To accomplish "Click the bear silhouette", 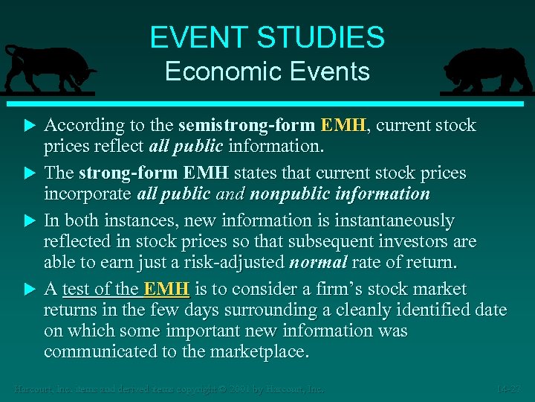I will point(487,71).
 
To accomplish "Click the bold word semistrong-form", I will point(246,125).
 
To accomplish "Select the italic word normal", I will point(317,262).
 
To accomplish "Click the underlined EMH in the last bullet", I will point(166,289).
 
